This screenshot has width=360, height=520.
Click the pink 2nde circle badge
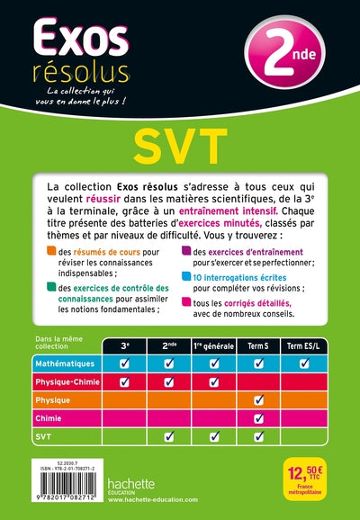tap(278, 52)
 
